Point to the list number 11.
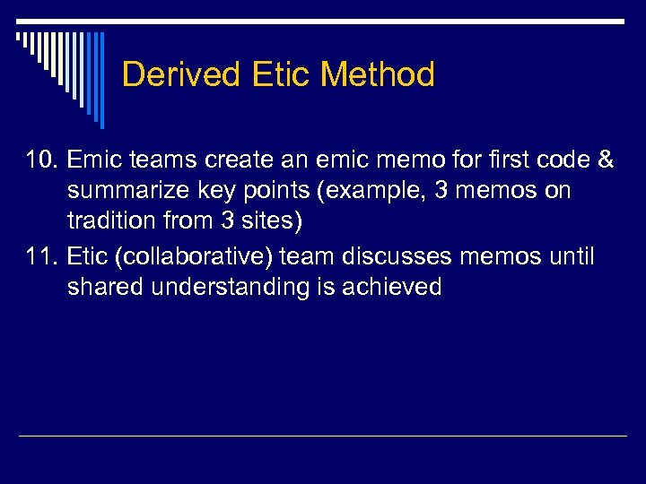pos(41,257)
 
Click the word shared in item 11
pos(105,288)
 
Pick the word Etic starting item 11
pos(86,257)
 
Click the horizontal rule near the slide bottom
pos(323,436)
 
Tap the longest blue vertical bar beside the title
pos(101,81)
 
